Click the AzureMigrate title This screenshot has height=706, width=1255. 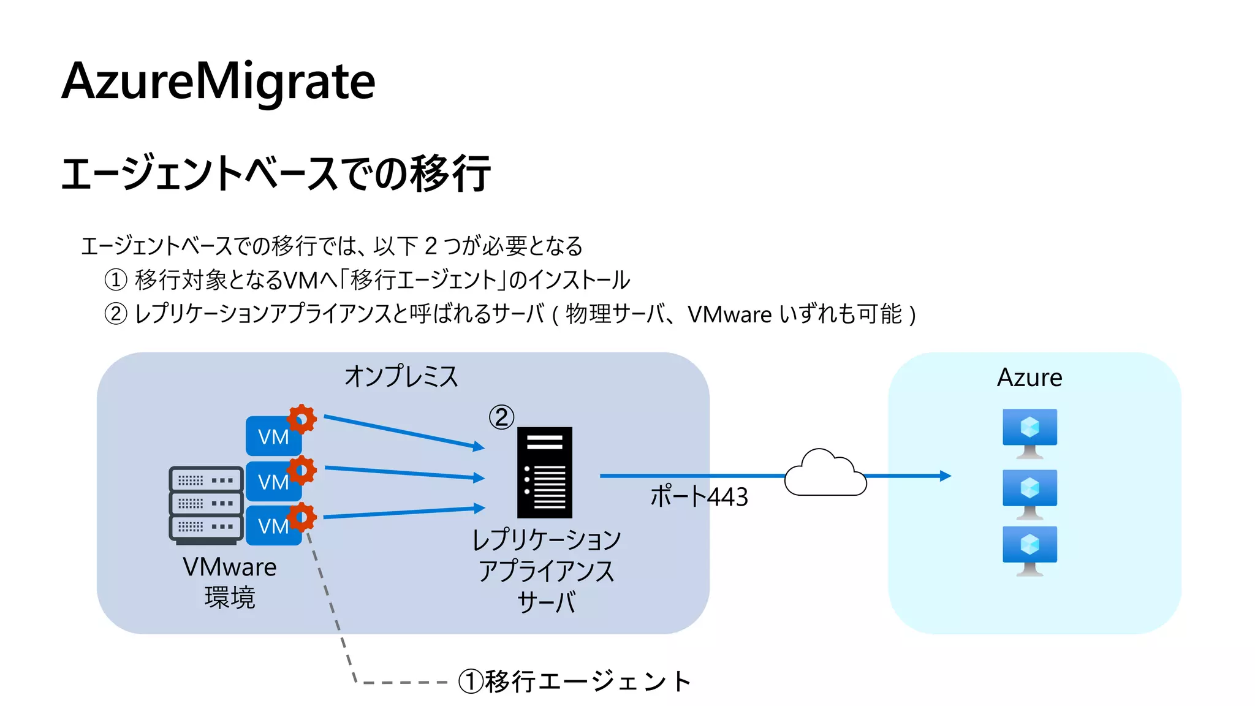coord(218,82)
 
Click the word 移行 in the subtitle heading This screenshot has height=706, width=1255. coord(450,173)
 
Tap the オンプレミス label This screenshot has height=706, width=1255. coord(401,376)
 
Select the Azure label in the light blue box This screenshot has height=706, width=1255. coord(1029,378)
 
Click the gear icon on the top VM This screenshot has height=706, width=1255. coord(301,419)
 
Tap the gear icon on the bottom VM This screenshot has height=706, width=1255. coord(301,517)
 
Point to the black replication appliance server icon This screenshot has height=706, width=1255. coord(544,472)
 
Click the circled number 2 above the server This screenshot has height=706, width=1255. coord(501,417)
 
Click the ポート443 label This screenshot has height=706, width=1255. coord(699,496)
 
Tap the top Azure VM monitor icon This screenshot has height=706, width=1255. coord(1029,432)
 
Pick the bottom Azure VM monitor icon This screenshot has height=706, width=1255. coord(1029,550)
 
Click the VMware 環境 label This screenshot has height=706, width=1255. coord(230,582)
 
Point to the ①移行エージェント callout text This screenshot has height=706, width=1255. coord(575,681)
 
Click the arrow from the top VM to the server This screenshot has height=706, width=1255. coord(401,432)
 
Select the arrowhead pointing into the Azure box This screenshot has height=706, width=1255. coord(946,476)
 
